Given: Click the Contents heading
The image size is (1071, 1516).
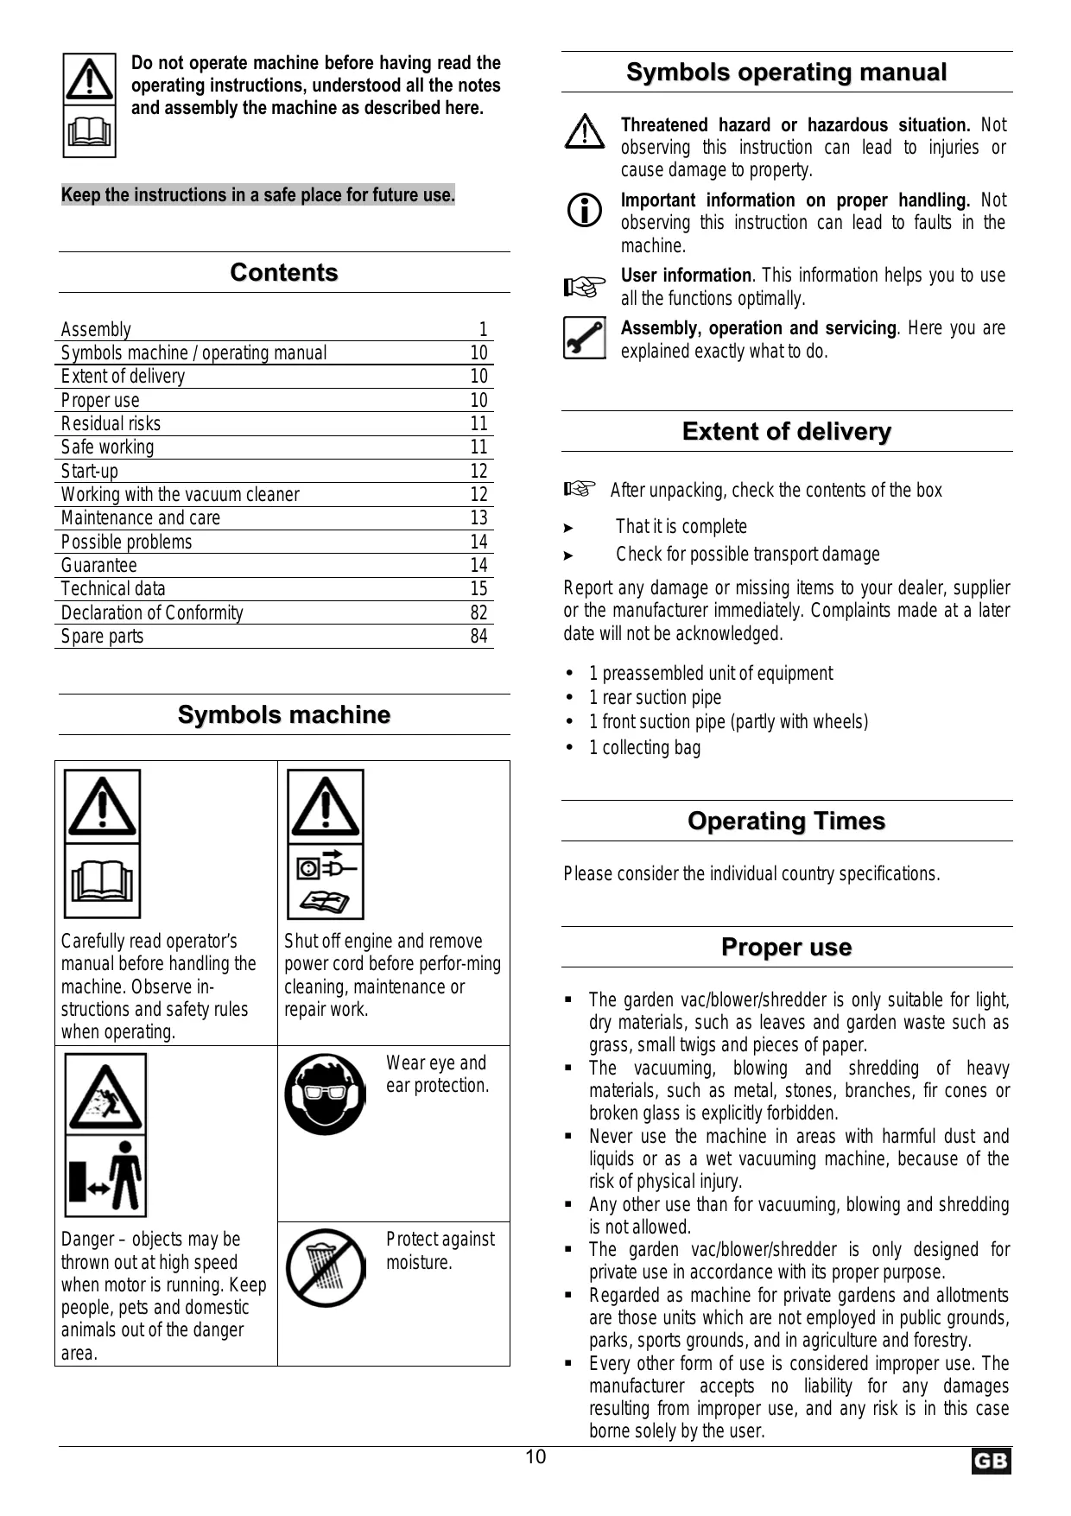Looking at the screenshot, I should click(283, 273).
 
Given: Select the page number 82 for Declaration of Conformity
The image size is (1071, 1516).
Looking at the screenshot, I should click(478, 613).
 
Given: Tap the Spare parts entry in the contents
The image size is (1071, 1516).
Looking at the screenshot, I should click(102, 637).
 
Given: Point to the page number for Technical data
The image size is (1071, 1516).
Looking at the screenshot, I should click(478, 589).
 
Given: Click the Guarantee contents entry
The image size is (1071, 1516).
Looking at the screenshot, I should click(98, 566).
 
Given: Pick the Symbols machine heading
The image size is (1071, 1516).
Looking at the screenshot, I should click(283, 715).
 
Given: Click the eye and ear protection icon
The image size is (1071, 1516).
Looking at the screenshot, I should click(326, 1094).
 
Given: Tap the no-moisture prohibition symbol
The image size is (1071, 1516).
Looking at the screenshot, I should click(326, 1268).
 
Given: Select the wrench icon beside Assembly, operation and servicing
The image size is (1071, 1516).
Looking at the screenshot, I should click(585, 338).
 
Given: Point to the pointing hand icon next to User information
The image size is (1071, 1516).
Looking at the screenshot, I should click(585, 286).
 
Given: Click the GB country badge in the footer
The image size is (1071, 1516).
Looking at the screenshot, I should click(990, 1462).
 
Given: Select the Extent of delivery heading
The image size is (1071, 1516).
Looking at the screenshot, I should click(786, 432).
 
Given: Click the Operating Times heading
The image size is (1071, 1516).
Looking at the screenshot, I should click(786, 821).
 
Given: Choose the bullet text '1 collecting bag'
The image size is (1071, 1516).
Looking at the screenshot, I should click(644, 748).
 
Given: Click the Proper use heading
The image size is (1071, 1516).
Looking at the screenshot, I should click(786, 948).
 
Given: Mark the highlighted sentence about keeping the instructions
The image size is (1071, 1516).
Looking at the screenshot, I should click(257, 195).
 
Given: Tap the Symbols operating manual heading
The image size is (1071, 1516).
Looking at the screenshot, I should click(786, 73).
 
